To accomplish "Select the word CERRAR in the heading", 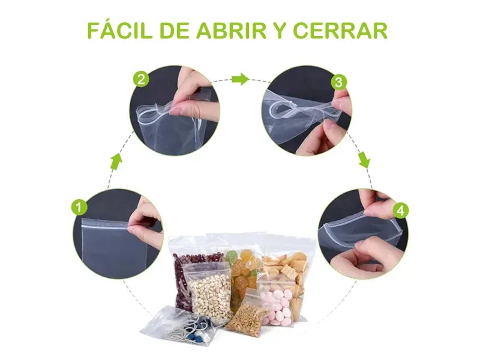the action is [x=340, y=31].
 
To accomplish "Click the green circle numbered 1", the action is [x=79, y=207].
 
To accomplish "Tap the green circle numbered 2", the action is [x=141, y=80].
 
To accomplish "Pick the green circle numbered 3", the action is [x=338, y=82].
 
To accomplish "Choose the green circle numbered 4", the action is [x=400, y=211].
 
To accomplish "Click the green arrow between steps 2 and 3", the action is [x=240, y=79].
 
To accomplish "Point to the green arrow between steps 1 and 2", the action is [x=116, y=162].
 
